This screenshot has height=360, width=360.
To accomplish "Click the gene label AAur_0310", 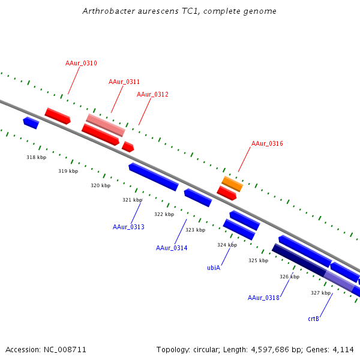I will coord(81,63).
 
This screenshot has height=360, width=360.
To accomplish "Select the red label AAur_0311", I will coord(124,82).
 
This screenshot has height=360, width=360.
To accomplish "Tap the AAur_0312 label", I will coord(152,94).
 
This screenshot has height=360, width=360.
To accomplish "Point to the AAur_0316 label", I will coord(267,143).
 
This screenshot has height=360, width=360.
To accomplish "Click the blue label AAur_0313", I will coord(128,227).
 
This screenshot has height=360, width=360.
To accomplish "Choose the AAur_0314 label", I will coord(172,248).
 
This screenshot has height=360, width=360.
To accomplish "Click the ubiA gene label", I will coord(214,268).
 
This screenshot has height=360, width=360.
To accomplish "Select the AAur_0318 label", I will coord(263,298).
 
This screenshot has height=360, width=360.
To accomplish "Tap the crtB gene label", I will coord(313,319).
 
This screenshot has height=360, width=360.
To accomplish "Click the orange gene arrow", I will coord(232,184).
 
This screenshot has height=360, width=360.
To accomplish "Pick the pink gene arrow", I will coord(106,125).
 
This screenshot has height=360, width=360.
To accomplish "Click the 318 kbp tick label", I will coord(36,157).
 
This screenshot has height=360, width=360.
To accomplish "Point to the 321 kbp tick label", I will coord(132,200).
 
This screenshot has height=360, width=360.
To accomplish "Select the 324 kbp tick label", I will coord(227,245).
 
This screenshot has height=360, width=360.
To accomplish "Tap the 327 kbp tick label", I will coord(320,293).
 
